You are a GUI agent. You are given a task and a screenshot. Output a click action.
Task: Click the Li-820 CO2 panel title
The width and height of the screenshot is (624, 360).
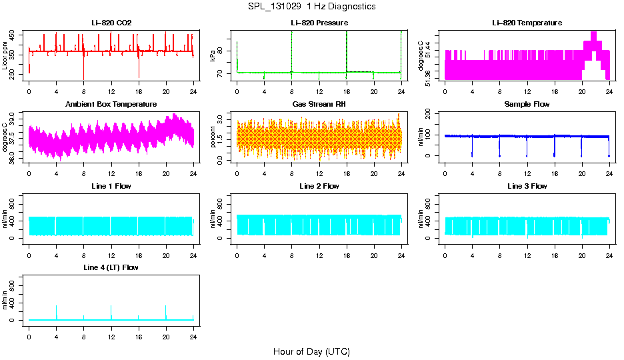pyautogui.click(x=111, y=23)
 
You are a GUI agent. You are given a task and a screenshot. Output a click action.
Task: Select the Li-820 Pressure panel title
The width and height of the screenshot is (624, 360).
pyautogui.click(x=319, y=23)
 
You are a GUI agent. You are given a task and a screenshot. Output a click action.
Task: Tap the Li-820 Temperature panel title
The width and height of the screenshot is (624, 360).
pyautogui.click(x=527, y=23)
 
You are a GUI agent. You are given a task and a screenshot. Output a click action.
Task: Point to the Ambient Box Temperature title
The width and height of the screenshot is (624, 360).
pyautogui.click(x=111, y=104)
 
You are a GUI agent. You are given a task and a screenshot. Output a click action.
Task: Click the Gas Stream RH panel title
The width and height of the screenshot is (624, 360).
pyautogui.click(x=319, y=104)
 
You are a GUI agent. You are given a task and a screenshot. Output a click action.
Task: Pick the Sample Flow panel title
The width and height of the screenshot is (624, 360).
pyautogui.click(x=527, y=104)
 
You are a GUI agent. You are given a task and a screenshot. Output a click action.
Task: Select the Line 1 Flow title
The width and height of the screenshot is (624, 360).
pyautogui.click(x=111, y=186)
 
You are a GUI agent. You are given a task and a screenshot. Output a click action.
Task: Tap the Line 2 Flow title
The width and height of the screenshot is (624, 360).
pyautogui.click(x=319, y=186)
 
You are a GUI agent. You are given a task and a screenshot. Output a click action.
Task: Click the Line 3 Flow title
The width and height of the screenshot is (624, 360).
pyautogui.click(x=527, y=186)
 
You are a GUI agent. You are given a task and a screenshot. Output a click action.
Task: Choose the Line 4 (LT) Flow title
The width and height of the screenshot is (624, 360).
pyautogui.click(x=111, y=267)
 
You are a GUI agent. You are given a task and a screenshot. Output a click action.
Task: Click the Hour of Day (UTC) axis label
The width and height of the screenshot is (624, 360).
pyautogui.click(x=311, y=351)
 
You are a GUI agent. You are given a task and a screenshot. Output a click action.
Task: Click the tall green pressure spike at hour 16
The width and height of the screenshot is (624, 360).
pyautogui.click(x=347, y=47)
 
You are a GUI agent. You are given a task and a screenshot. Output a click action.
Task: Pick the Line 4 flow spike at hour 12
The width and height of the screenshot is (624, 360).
pyautogui.click(x=111, y=311)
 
